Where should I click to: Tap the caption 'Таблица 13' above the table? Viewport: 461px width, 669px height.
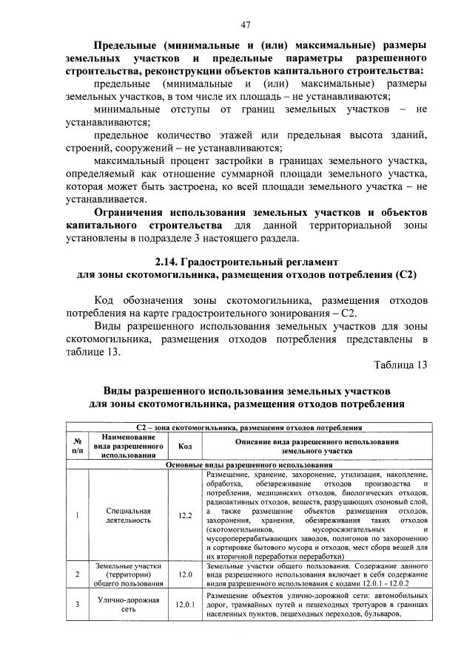[x=400, y=365]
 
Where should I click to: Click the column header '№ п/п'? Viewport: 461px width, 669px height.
[x=77, y=446]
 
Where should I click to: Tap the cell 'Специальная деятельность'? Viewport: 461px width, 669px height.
[x=129, y=515]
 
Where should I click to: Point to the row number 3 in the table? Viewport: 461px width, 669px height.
[x=77, y=604]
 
